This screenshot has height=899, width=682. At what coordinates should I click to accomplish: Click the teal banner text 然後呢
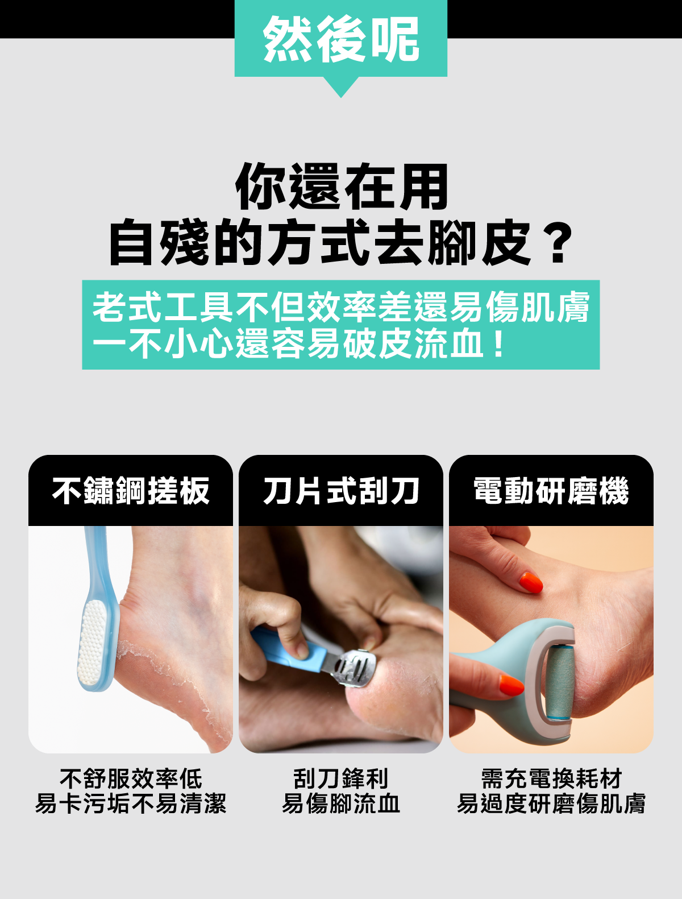(x=341, y=39)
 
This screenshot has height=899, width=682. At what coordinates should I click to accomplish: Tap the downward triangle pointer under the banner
(x=341, y=85)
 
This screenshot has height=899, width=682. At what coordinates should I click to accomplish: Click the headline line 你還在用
(x=342, y=187)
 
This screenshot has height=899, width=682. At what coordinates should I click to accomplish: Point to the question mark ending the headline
(x=558, y=242)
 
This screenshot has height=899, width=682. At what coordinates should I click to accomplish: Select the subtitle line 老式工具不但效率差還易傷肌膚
(x=341, y=307)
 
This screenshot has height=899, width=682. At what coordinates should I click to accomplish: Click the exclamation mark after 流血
(x=498, y=343)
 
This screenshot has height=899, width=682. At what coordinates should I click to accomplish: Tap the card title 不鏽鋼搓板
(x=131, y=490)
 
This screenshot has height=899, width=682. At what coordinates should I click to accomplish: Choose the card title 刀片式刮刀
(x=341, y=490)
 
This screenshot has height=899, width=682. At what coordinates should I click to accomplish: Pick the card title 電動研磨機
(x=551, y=490)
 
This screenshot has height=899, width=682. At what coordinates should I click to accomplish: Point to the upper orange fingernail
(x=531, y=582)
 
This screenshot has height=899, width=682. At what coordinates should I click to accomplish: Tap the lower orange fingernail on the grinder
(x=511, y=686)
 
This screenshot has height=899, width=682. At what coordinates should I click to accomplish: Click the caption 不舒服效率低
(x=131, y=779)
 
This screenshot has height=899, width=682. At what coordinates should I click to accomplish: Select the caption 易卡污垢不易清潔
(x=131, y=803)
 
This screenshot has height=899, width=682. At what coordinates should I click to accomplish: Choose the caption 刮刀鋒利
(x=341, y=779)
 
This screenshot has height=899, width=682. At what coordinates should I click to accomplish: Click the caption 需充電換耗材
(x=551, y=779)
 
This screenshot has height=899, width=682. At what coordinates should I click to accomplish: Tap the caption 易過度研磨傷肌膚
(x=551, y=803)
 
